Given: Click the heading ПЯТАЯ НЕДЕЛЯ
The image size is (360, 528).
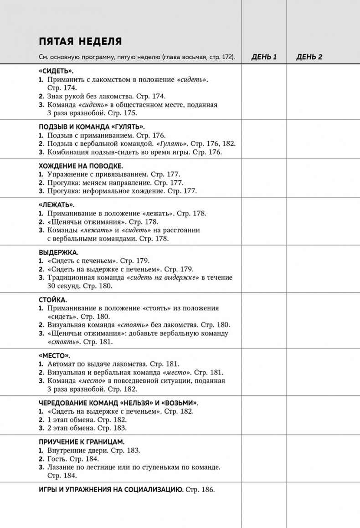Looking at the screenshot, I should (80, 41).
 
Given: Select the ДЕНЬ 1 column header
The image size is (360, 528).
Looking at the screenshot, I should (264, 57).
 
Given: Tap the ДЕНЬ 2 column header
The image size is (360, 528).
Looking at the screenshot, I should (309, 57).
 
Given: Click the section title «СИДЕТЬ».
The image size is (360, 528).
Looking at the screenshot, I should (57, 72).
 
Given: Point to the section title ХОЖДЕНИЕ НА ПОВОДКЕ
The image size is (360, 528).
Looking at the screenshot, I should (81, 166).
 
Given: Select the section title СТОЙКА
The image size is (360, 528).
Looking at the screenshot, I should (53, 300).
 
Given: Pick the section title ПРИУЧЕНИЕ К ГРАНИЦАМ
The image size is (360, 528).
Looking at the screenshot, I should (82, 442).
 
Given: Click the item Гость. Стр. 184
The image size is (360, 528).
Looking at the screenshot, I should (73, 459).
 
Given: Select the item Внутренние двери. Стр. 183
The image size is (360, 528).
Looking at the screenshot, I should (94, 450).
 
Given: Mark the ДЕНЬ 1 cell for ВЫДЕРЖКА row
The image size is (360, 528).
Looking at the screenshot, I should (264, 269).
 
